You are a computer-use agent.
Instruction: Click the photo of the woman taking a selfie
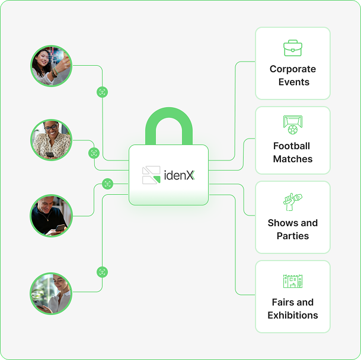(x=51, y=66)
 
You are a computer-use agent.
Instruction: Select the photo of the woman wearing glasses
(x=51, y=140)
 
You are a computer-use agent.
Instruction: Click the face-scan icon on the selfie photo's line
(x=103, y=92)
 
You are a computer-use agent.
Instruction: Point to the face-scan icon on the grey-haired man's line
(x=107, y=184)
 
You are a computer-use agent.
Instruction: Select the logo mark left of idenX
(x=151, y=175)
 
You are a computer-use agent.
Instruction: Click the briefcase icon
(x=293, y=48)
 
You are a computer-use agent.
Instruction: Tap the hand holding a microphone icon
(x=292, y=201)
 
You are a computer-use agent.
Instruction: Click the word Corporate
(x=293, y=69)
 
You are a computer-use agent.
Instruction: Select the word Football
(x=292, y=146)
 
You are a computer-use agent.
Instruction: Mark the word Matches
(x=293, y=159)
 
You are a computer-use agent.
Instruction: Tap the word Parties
(x=293, y=236)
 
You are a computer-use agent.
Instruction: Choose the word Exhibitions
(x=293, y=315)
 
